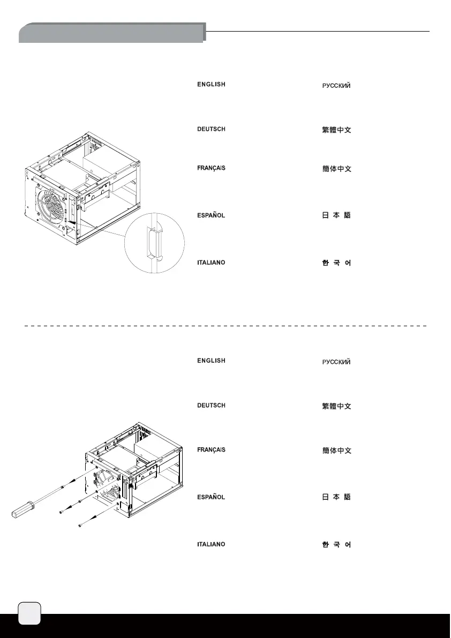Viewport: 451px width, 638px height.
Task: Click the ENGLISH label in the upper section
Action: tap(211, 85)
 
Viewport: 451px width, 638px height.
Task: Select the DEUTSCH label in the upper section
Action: tap(211, 129)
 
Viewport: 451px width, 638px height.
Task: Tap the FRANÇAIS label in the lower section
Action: tap(211, 449)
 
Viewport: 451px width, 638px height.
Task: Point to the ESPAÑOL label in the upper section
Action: tap(211, 215)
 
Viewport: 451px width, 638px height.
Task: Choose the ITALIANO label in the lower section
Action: tap(211, 544)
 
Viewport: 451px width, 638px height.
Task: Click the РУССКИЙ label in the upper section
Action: tap(336, 86)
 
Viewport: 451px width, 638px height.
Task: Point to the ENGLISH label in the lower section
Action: tap(211, 361)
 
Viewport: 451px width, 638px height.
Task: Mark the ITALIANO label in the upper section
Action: tap(211, 262)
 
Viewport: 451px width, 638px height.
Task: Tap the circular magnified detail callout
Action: tap(154, 244)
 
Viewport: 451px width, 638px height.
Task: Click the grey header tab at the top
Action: tap(111, 33)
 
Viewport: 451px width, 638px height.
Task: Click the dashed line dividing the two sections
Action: tap(225, 325)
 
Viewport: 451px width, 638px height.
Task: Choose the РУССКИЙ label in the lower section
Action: tap(336, 363)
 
